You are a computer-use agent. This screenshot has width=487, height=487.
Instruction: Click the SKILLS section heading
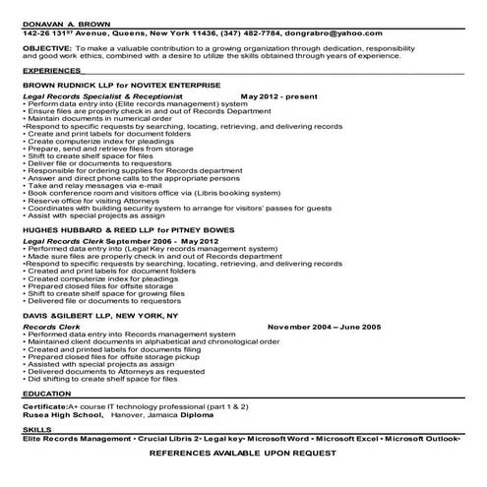(36, 430)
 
